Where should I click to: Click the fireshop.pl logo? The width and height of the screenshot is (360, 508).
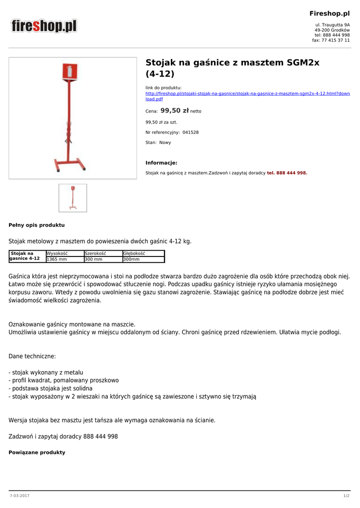point(45,26)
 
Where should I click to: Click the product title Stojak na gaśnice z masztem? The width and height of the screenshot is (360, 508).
point(232,68)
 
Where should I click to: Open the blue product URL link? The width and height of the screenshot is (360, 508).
point(247,96)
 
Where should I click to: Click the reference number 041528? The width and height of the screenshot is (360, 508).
point(191,132)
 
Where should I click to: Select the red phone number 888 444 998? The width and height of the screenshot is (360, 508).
point(287,173)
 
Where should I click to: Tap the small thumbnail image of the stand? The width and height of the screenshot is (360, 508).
point(72,198)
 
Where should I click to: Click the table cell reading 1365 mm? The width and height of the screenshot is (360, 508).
point(57,259)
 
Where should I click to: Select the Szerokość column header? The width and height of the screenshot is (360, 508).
point(95,254)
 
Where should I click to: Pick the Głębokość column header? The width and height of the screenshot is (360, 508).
point(134,254)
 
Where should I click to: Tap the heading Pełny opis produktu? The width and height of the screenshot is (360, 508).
point(37,225)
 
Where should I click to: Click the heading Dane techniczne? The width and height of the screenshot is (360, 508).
point(32,356)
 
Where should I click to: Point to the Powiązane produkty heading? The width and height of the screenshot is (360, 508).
point(37,452)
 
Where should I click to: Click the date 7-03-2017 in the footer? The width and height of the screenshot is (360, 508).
point(19,496)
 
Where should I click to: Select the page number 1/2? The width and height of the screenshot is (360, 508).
point(346,496)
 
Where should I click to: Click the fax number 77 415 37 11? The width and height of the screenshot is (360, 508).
point(335,41)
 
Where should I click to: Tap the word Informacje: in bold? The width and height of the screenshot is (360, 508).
point(161,163)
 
